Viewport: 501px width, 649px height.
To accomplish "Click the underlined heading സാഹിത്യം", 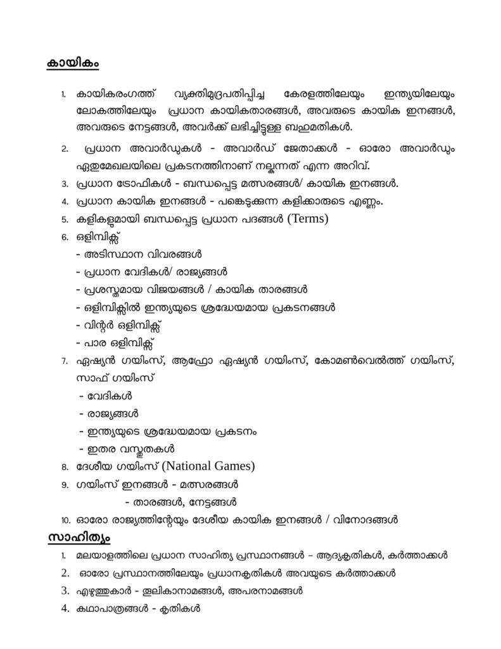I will (79, 537).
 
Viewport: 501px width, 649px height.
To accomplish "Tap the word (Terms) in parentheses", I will (308, 219).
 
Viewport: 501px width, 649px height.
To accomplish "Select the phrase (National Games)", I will (208, 466).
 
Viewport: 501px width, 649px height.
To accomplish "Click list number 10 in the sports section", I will (65, 520).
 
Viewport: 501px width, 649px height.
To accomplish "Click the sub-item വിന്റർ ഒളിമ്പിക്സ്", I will (119, 325).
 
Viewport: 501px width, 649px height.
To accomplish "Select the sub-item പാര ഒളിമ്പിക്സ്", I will (115, 343).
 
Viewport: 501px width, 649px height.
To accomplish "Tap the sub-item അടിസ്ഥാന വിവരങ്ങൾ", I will (139, 254).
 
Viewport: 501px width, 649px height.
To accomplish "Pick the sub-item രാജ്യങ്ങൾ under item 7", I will (108, 414).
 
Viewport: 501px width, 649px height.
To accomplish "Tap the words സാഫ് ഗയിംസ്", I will (115, 378).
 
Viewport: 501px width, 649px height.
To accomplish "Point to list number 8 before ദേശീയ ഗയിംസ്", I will (65, 468).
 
